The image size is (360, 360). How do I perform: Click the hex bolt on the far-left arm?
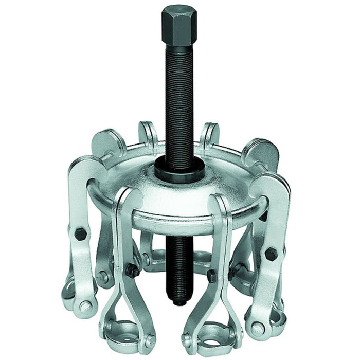point(80,234)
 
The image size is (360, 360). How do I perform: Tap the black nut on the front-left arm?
point(132,271)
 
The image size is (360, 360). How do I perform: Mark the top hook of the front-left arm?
point(127,198)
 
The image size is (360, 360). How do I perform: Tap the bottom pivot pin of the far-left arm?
point(85,309)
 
